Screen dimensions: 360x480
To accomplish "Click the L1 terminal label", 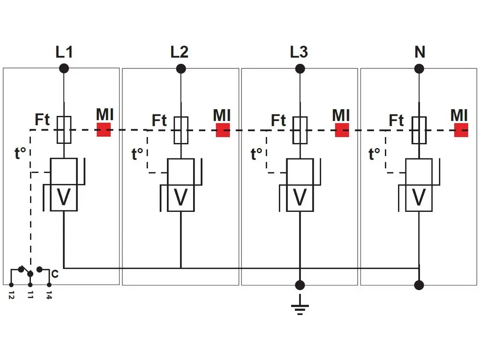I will tap(64, 52).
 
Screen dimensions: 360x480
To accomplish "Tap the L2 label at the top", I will tap(180, 52).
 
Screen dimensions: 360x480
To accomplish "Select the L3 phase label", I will tap(299, 52).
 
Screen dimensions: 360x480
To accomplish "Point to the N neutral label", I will tap(420, 52).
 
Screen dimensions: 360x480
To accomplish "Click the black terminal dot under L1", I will tap(64, 69).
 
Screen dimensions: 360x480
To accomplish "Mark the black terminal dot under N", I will tap(420, 69).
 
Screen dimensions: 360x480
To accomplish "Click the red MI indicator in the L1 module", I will tap(104, 130).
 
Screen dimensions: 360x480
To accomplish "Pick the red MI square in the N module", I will tap(461, 130).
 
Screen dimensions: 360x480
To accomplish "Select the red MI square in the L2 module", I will tap(223, 130).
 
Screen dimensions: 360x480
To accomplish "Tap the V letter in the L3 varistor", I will tap(300, 198).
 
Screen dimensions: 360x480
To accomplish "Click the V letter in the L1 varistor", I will tap(64, 198).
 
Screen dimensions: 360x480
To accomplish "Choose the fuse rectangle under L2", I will tap(181, 130).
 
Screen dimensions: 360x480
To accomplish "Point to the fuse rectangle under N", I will tap(419, 130).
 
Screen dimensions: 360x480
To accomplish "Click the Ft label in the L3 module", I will tap(278, 120).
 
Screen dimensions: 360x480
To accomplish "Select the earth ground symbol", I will tap(300, 308).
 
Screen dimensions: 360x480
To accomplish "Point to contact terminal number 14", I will tap(49, 295).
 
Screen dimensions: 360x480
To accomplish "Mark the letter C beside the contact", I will tap(55, 274).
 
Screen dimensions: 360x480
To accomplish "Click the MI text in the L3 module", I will tap(341, 115).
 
